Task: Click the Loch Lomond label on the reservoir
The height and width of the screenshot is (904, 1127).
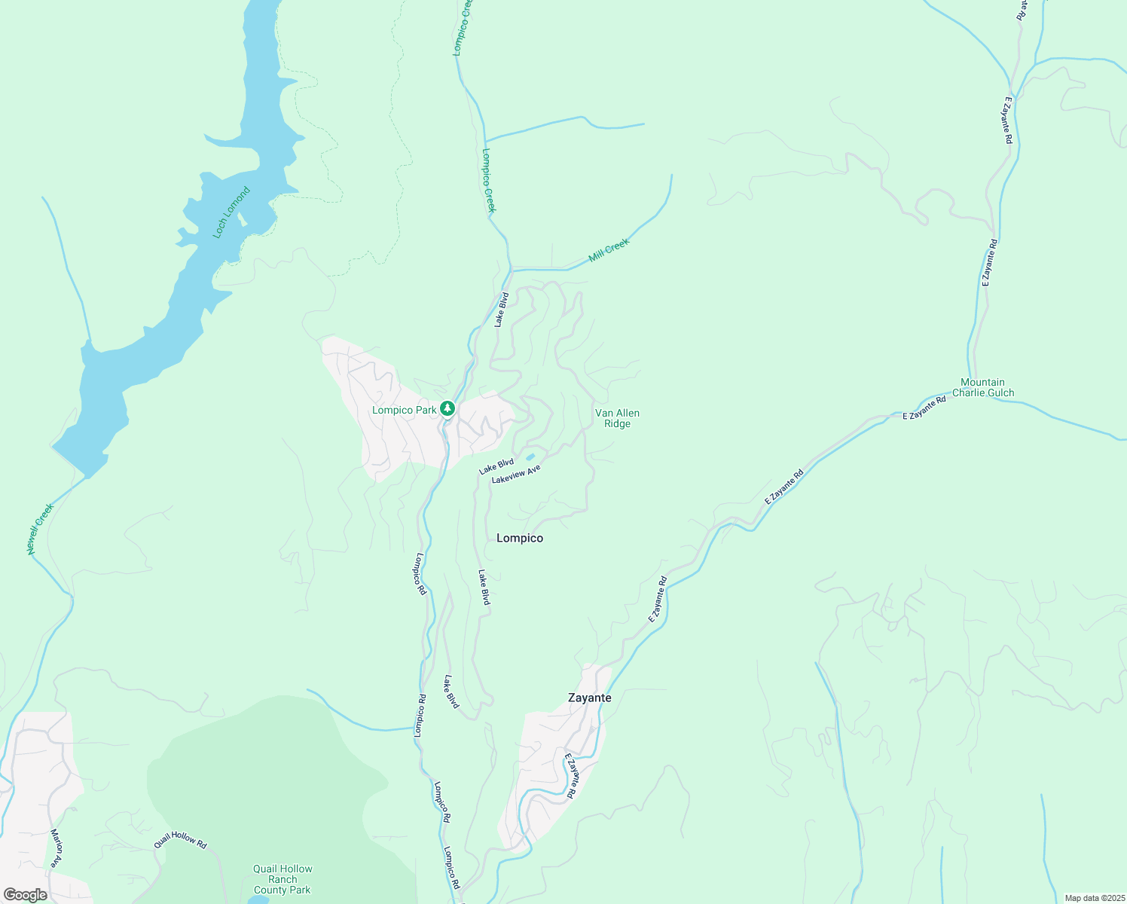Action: [231, 213]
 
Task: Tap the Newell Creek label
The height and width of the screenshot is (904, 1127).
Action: [41, 530]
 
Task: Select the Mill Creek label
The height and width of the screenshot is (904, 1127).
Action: [609, 249]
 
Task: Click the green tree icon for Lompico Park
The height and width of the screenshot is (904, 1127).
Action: [447, 409]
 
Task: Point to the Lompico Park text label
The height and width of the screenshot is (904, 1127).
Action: [405, 410]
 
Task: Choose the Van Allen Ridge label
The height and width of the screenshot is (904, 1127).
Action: [617, 418]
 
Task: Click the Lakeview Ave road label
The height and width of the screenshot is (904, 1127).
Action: [516, 475]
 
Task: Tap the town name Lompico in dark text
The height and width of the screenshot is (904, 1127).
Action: [520, 538]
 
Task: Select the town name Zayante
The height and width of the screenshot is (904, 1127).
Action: [589, 698]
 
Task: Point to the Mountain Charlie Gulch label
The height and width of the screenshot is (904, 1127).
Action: [983, 387]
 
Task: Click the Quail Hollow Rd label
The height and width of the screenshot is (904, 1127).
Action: [180, 840]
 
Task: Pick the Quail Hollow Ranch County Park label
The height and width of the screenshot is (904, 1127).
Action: [283, 879]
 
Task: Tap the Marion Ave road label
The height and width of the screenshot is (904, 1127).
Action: [57, 849]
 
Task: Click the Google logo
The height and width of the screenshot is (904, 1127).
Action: [25, 895]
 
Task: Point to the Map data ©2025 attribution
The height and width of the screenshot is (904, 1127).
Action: [1094, 898]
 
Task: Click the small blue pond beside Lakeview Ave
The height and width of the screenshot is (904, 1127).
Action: [530, 457]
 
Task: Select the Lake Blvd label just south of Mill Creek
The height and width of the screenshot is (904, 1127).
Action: [502, 310]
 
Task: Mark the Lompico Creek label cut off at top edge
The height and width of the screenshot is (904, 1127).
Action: [462, 28]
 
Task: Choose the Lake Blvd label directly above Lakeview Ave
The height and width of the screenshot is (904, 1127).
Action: [496, 467]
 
